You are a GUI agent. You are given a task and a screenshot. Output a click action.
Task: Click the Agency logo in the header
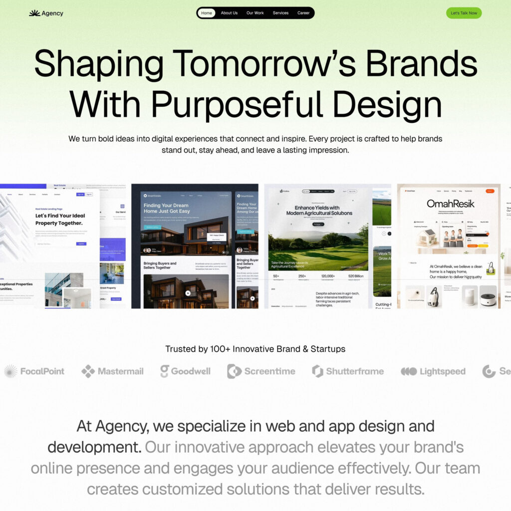(x=46, y=13)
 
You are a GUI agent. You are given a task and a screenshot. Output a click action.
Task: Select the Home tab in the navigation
(x=207, y=13)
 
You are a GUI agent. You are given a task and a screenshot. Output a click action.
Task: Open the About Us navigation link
(x=229, y=13)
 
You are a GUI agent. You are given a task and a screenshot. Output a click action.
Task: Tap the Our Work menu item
(x=255, y=13)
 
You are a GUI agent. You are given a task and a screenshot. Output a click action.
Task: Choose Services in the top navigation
(x=280, y=13)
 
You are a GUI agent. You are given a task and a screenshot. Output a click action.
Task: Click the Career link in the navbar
(x=303, y=13)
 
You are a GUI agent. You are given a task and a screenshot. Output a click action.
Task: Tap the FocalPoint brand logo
(x=34, y=371)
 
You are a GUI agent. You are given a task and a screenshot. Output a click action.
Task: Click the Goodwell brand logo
(x=185, y=371)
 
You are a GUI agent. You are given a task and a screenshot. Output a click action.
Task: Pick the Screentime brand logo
(x=261, y=371)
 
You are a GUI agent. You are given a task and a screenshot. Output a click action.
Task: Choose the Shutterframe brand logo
(x=348, y=371)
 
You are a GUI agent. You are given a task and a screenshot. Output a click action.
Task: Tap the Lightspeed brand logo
(x=433, y=371)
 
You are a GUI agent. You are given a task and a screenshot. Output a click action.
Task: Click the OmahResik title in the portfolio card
(x=450, y=204)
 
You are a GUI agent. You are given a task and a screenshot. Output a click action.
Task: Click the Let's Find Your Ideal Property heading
(x=60, y=219)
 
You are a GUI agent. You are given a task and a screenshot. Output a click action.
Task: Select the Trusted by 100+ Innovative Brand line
(x=255, y=349)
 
